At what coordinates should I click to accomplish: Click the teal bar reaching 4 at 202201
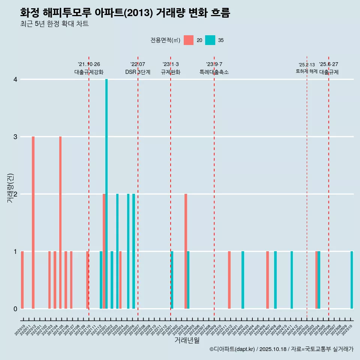106,194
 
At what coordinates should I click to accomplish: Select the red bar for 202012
33,222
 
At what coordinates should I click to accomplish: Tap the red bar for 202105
60,222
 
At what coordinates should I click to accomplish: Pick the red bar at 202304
186,251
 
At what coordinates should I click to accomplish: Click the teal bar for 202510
352,280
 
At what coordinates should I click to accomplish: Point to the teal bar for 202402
243,280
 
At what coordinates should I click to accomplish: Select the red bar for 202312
229,280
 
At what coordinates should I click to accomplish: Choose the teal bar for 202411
292,280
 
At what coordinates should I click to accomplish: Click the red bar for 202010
22,280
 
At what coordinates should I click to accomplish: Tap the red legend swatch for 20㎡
189,40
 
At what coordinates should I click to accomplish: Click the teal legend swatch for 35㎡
210,40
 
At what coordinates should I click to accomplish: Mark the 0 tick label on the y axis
15,309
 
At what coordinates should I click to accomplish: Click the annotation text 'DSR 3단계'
138,72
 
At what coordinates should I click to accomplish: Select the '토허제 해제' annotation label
306,71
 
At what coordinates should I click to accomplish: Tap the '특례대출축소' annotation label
214,72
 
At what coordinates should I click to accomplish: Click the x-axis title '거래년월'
187,340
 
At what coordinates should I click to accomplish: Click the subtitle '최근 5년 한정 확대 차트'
54,24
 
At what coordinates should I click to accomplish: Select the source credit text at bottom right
281,349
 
